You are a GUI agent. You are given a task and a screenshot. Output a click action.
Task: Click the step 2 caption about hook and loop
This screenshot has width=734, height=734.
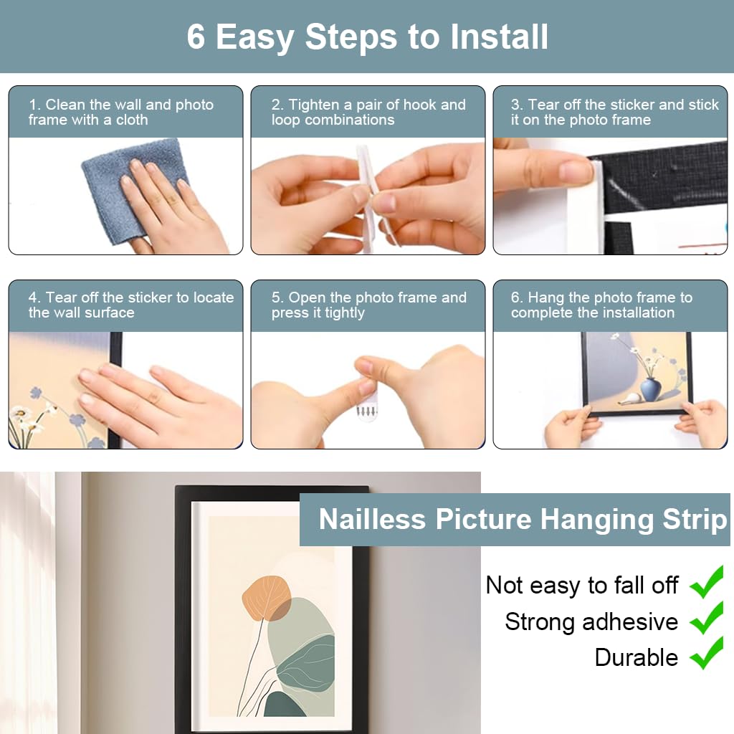click(368, 113)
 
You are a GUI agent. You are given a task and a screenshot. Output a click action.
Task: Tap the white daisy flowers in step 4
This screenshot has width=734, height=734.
click(29, 419)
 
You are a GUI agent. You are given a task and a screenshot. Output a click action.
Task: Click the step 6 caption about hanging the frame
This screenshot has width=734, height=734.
click(602, 305)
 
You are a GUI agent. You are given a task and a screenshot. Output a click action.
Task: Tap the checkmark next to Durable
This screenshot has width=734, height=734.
click(707, 654)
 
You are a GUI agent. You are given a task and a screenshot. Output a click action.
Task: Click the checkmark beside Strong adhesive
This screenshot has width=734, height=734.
click(707, 618)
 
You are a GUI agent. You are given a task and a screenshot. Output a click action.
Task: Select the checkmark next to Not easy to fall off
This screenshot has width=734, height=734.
click(707, 582)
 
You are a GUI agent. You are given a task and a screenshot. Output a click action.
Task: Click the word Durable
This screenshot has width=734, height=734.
click(636, 657)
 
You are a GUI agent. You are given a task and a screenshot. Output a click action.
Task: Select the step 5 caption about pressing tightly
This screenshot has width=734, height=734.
click(368, 305)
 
